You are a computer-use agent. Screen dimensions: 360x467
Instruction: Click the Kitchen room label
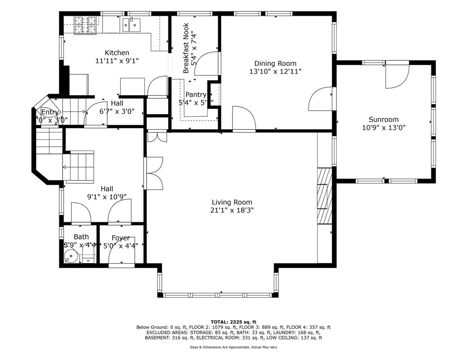coord(117,53)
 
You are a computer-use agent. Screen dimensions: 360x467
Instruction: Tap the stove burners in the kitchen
coord(85,25)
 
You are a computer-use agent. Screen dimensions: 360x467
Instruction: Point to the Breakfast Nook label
coord(186,47)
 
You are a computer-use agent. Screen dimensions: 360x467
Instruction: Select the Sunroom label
coord(383,120)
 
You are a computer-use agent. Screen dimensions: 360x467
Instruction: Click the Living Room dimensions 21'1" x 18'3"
coord(232,210)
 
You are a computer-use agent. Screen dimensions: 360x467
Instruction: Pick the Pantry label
coord(196,95)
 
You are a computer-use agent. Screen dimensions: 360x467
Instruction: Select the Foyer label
coord(121,238)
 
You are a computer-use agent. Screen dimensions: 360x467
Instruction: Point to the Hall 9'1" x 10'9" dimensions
coord(107,197)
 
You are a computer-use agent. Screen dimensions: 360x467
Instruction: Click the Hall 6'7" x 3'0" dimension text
coord(117,111)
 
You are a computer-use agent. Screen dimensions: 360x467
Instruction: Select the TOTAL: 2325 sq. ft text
coord(233,322)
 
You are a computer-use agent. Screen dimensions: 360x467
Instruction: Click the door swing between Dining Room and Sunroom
coord(321,99)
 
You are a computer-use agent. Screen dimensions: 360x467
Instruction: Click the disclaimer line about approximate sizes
coord(233,348)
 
